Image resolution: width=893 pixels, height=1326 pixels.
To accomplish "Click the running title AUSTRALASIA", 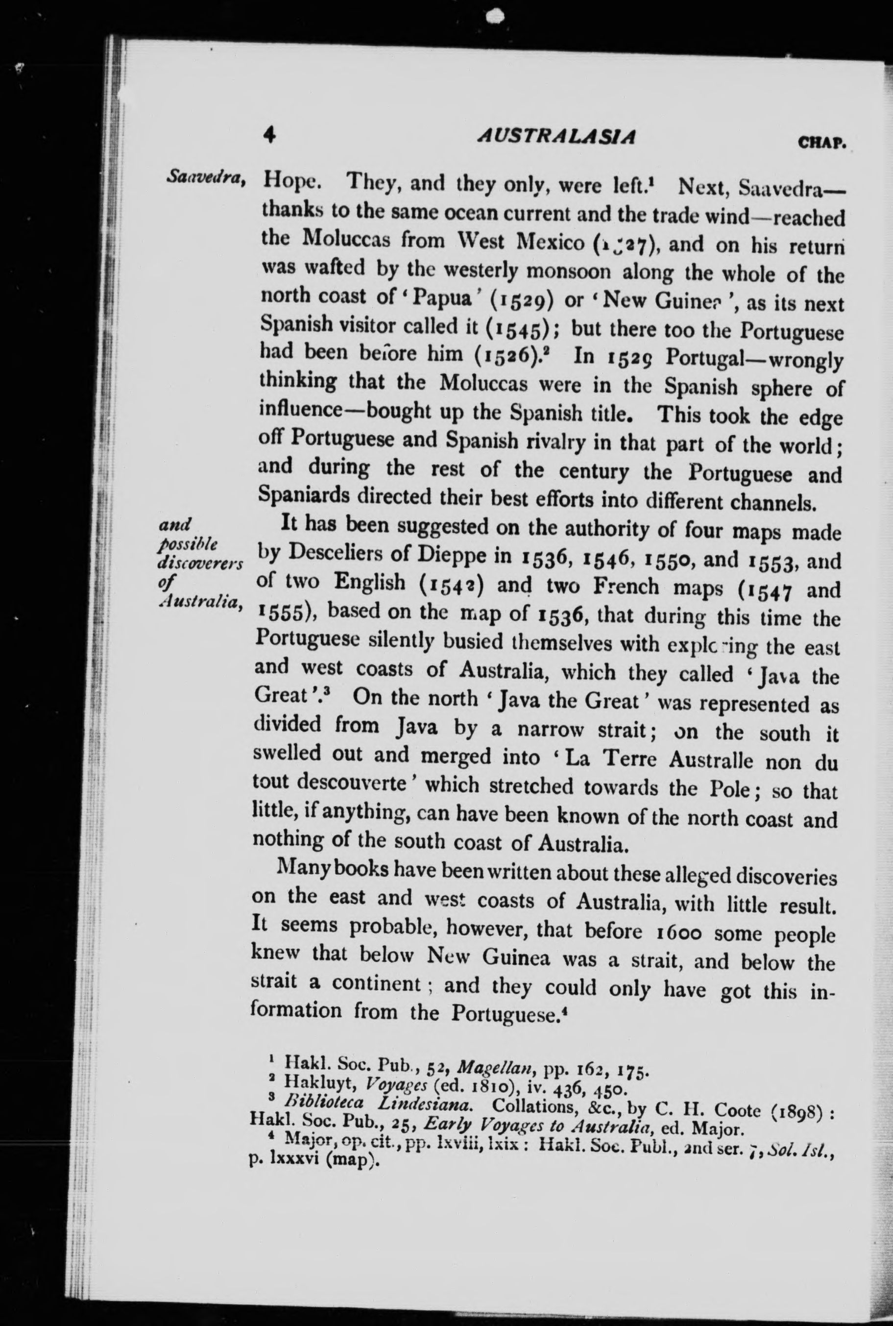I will click(x=557, y=137).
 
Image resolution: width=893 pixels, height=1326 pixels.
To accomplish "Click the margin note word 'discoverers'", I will click(x=200, y=564).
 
